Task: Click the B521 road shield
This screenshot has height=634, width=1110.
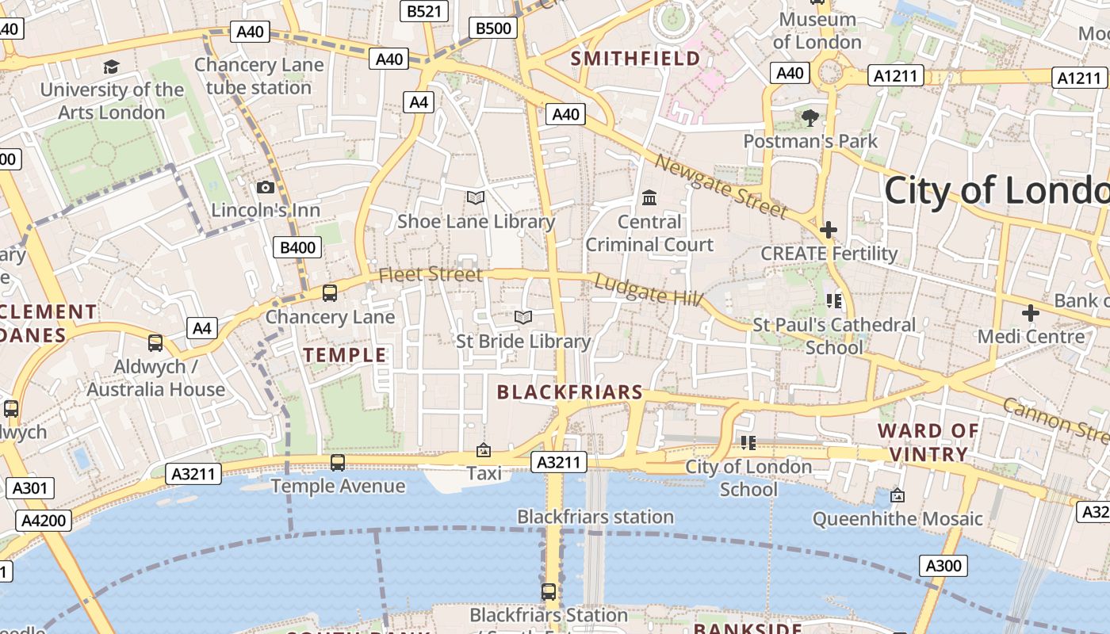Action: [x=424, y=10]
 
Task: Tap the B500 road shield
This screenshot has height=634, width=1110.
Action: [x=493, y=29]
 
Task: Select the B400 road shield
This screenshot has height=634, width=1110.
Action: [x=298, y=247]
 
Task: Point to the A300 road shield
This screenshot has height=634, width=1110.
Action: [x=943, y=566]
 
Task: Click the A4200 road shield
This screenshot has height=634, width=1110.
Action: [x=44, y=521]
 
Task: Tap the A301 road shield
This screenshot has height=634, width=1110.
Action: [x=30, y=487]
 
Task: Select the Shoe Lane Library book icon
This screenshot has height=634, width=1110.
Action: [x=476, y=197]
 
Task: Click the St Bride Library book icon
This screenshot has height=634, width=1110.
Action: [x=523, y=318]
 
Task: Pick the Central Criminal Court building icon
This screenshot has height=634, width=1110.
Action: [x=649, y=197]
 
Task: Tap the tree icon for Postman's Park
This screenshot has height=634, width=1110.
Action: [x=810, y=118]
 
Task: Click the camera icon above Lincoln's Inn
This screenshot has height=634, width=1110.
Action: [x=266, y=187]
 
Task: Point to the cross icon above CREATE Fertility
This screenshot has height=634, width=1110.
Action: [x=829, y=230]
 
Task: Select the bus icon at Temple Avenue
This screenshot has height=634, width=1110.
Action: [x=338, y=462]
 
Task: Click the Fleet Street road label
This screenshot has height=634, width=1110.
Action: [x=431, y=274]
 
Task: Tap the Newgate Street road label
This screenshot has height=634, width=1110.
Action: [x=721, y=187]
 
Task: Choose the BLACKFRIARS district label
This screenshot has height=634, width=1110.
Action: [x=569, y=391]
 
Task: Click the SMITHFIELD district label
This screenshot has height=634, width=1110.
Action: [x=636, y=58]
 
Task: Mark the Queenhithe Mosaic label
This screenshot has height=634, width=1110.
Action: [x=898, y=519]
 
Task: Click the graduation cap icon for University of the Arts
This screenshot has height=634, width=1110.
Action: [x=111, y=67]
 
